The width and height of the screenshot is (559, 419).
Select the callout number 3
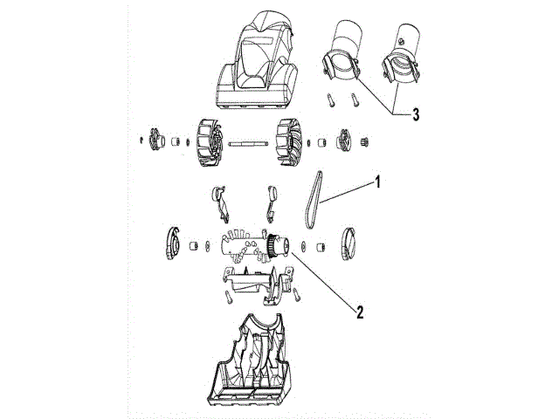tap(416, 114)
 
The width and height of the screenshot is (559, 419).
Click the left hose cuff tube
tap(344, 52)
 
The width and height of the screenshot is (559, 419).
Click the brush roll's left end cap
tap(174, 244)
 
